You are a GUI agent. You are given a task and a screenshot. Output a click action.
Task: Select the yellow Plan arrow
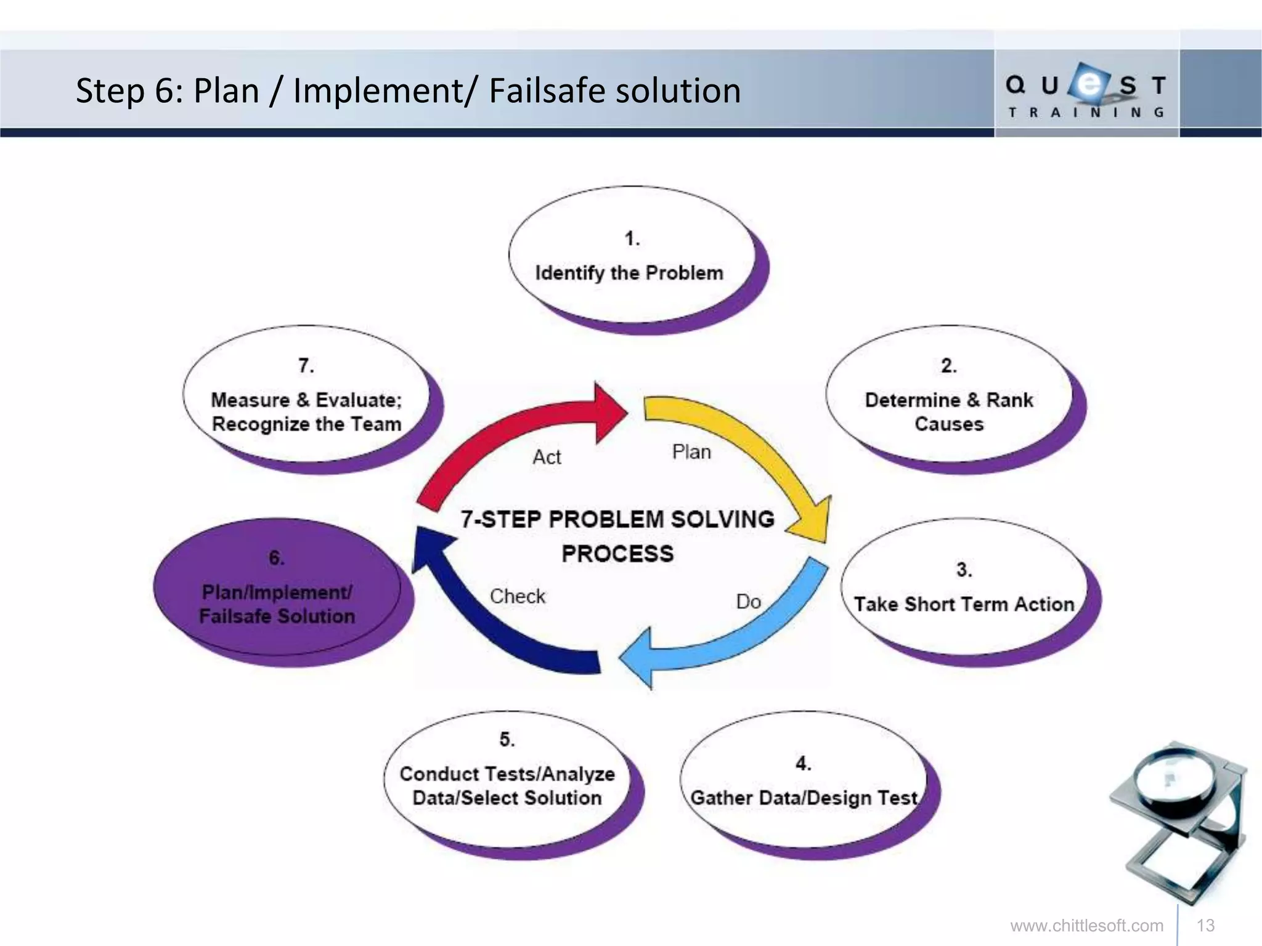tap(758, 450)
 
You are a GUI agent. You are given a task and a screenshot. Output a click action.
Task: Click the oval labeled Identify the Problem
tap(631, 256)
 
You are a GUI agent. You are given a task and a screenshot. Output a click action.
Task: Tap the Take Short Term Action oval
tap(964, 588)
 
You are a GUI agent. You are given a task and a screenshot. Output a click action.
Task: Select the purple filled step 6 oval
tap(277, 588)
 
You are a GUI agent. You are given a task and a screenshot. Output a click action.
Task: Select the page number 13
tap(1205, 926)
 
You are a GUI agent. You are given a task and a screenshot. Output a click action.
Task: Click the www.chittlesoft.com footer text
tap(1086, 926)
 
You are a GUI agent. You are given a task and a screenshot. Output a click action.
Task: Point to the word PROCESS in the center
tap(617, 553)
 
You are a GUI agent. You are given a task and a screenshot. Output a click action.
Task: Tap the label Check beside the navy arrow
tap(518, 596)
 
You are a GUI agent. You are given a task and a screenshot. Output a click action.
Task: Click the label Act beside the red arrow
tap(547, 457)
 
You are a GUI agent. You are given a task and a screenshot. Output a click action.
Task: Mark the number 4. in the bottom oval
tap(802, 764)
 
